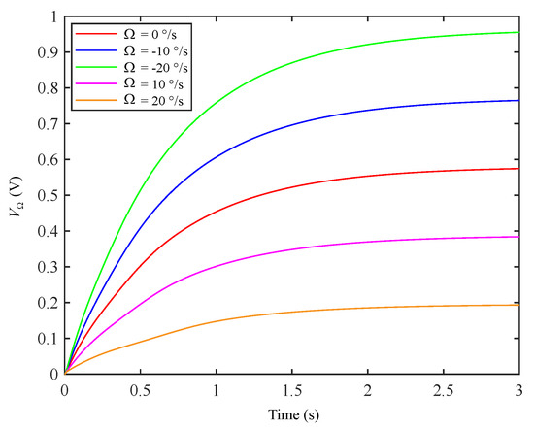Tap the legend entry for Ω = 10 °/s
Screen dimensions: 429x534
coord(132,82)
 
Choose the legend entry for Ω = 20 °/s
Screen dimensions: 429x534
coord(132,100)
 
